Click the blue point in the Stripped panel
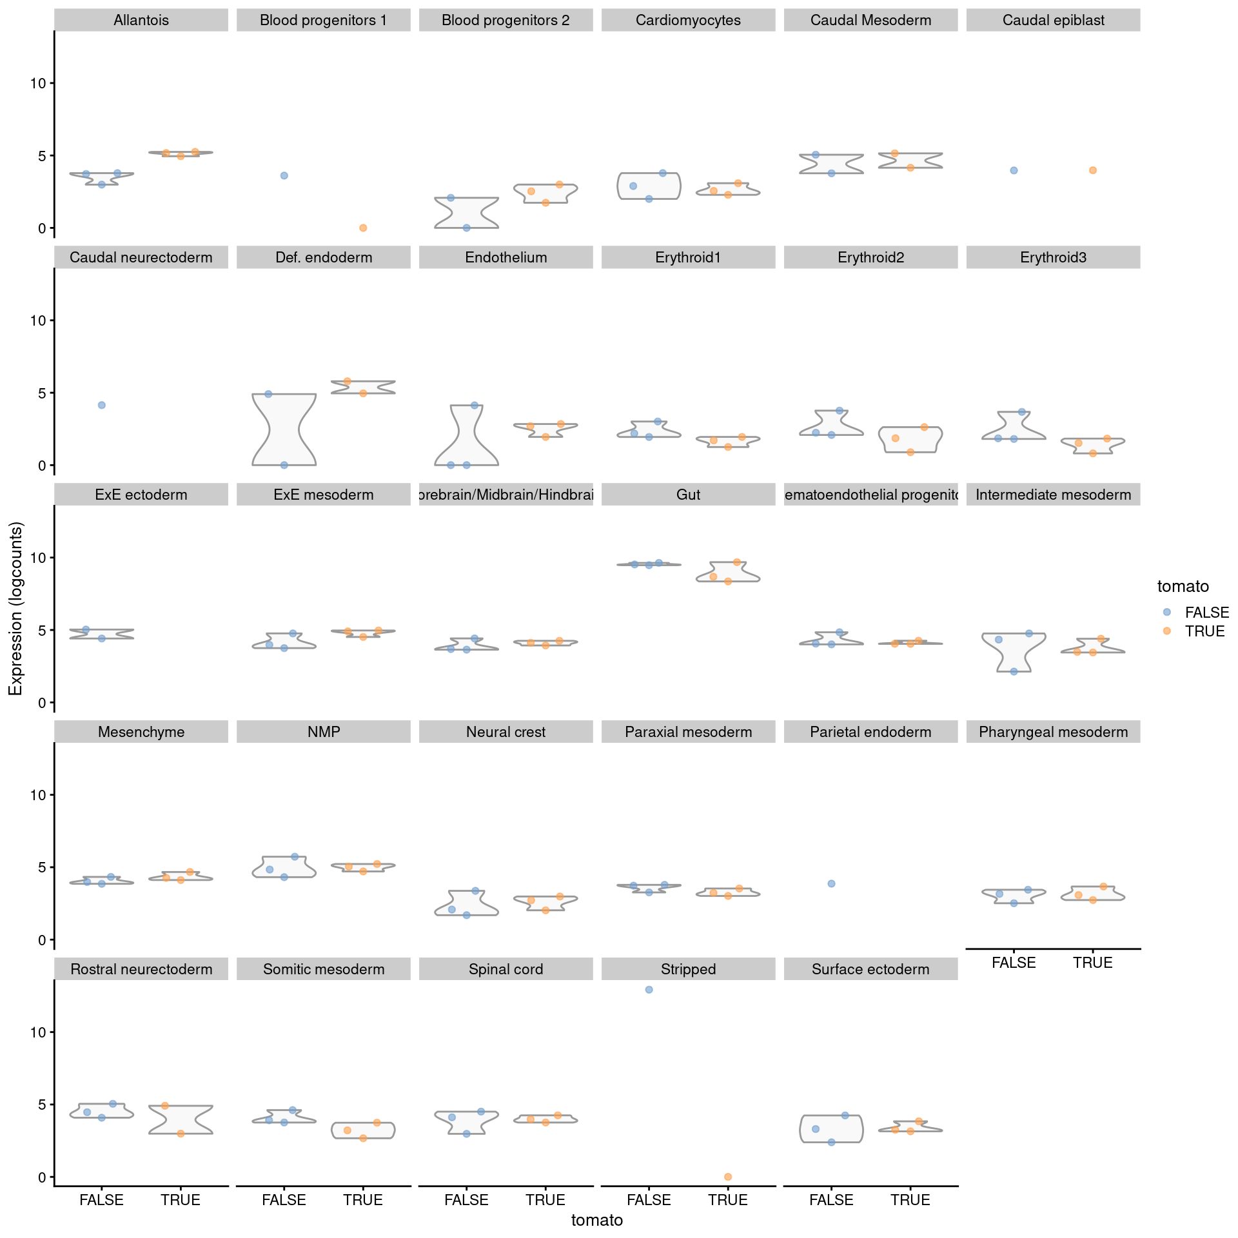click(649, 990)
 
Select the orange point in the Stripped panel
click(728, 1177)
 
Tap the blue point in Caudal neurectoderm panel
click(101, 405)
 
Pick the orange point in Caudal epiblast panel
click(1093, 170)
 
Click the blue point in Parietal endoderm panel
click(831, 883)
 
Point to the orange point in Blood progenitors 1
click(363, 228)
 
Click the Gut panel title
click(688, 495)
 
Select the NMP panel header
click(324, 732)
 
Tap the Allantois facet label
click(141, 20)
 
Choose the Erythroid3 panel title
click(1053, 257)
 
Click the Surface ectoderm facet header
click(870, 969)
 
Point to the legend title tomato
click(1183, 586)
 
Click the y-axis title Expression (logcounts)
click(15, 609)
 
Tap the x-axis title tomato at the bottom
click(597, 1220)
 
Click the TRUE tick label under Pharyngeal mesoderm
click(1093, 963)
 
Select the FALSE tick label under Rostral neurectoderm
click(101, 1200)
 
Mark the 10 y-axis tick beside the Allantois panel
click(37, 83)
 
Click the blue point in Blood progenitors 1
click(284, 175)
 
